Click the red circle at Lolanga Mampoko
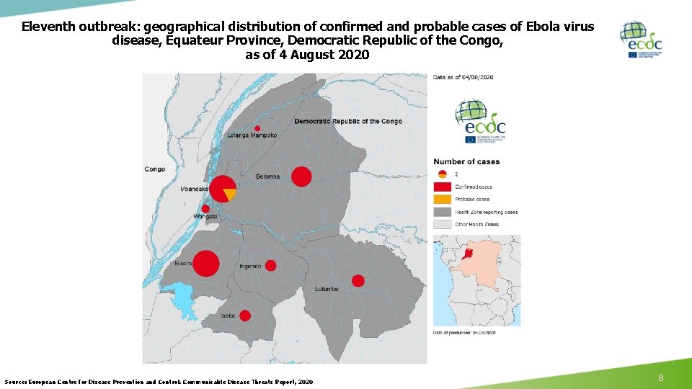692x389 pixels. [x=257, y=128]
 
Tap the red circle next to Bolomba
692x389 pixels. [x=301, y=176]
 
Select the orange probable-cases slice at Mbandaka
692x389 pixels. [x=230, y=194]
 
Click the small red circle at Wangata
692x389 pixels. [x=205, y=209]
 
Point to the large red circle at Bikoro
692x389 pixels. [x=205, y=264]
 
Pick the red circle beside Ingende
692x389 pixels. [x=270, y=265]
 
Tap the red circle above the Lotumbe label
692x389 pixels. [x=358, y=280]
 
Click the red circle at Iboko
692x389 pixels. [x=244, y=316]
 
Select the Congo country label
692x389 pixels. [x=154, y=169]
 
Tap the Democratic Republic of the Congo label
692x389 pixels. [x=348, y=121]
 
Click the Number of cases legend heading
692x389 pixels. [x=466, y=161]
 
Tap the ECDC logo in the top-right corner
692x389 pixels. [x=640, y=40]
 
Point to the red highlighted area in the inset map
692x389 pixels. [x=469, y=254]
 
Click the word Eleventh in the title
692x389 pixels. [x=48, y=27]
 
